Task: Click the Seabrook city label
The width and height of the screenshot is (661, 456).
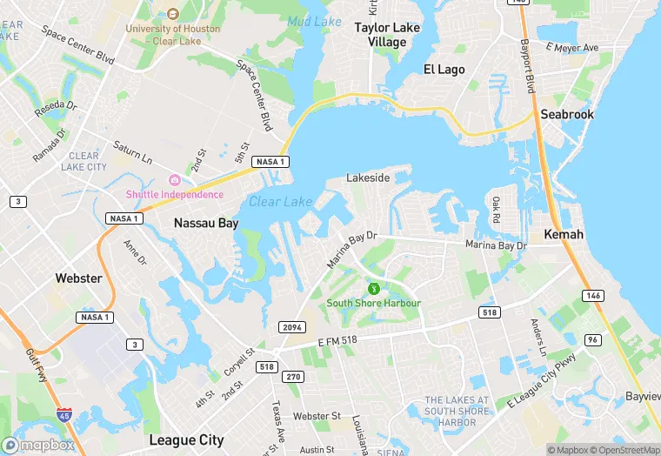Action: pyautogui.click(x=566, y=114)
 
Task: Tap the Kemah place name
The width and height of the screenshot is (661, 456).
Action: pyautogui.click(x=564, y=235)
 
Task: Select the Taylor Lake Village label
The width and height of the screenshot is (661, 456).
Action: pyautogui.click(x=387, y=35)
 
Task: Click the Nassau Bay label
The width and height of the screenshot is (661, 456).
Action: pyautogui.click(x=205, y=223)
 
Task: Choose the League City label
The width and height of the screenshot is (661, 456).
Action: pyautogui.click(x=186, y=439)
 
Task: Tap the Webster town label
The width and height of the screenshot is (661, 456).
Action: pyautogui.click(x=78, y=278)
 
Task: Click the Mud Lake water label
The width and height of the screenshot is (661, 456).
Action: pyautogui.click(x=313, y=20)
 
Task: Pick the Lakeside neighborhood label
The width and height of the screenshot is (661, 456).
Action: pyautogui.click(x=368, y=177)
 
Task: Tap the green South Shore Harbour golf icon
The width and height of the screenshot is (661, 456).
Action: pyautogui.click(x=372, y=288)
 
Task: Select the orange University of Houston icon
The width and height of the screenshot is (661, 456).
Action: pyautogui.click(x=172, y=14)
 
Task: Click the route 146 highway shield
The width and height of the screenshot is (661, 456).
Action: pyautogui.click(x=592, y=296)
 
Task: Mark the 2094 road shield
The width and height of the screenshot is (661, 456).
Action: pyautogui.click(x=291, y=326)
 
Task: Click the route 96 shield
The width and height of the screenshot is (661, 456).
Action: pyautogui.click(x=593, y=339)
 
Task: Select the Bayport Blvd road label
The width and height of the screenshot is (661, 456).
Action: pyautogui.click(x=527, y=66)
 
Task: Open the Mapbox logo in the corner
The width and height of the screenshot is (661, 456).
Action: pyautogui.click(x=38, y=445)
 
